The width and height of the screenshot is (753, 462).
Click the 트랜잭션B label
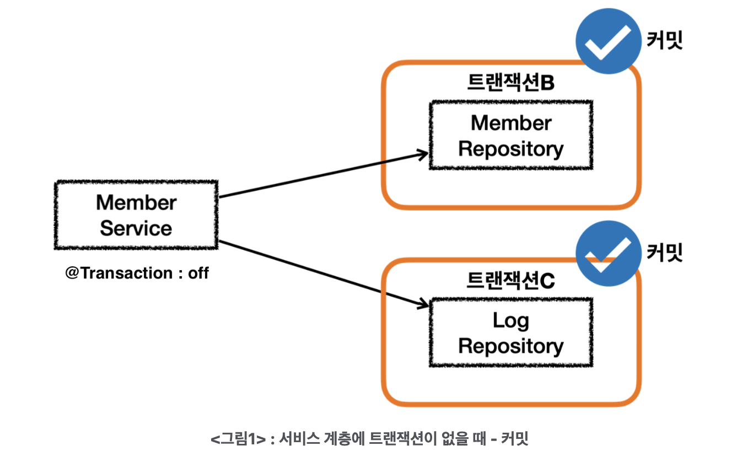click(x=511, y=82)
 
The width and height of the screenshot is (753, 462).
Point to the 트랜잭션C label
click(x=511, y=281)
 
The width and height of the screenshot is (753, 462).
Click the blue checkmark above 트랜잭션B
click(x=609, y=41)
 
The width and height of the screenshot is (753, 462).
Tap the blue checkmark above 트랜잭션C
click(x=609, y=253)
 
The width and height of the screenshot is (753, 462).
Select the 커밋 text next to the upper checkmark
click(x=665, y=40)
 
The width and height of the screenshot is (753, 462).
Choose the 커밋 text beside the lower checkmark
click(x=665, y=253)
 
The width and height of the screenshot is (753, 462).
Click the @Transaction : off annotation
click(x=137, y=273)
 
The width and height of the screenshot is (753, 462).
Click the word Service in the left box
click(x=136, y=228)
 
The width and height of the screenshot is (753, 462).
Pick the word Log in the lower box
click(x=510, y=321)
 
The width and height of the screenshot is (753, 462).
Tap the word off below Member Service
click(x=198, y=273)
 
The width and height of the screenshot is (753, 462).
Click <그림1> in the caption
click(x=238, y=439)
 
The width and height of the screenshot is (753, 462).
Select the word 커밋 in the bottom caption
click(x=515, y=438)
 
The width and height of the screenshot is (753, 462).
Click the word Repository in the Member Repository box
click(x=511, y=149)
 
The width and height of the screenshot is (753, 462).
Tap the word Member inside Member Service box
click(x=136, y=202)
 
